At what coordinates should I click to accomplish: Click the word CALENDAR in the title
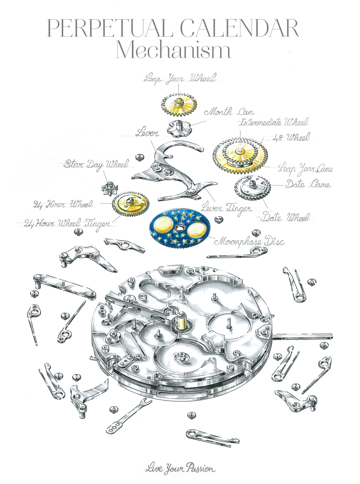coord(240,28)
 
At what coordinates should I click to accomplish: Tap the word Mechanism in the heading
coord(174,50)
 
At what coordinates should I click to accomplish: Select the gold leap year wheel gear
coord(179,104)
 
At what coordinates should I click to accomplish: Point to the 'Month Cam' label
coord(229,112)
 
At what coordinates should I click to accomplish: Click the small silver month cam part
coord(179,129)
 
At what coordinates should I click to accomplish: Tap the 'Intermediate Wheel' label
coord(274,122)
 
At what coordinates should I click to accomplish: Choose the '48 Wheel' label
coord(292,137)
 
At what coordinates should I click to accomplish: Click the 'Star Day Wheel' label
coord(96,165)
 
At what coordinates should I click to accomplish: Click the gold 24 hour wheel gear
coord(131,204)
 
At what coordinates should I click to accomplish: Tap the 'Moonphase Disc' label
coord(249,242)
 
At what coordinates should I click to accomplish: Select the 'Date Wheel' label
coord(286,217)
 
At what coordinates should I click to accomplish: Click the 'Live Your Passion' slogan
coord(180,468)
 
